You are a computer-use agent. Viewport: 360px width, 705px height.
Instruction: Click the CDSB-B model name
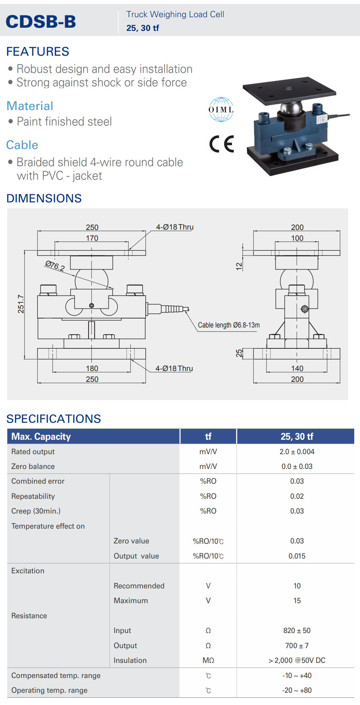tap(41, 22)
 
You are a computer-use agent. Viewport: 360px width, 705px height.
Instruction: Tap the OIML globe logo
tap(221, 109)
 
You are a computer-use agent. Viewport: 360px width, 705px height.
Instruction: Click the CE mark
tap(222, 144)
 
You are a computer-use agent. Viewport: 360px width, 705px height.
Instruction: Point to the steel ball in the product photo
tap(292, 108)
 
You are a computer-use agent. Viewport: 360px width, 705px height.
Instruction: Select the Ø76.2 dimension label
tap(55, 266)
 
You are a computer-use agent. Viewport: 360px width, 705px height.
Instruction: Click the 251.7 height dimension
tap(21, 304)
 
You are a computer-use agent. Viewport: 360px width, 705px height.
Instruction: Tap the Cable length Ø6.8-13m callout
tap(229, 325)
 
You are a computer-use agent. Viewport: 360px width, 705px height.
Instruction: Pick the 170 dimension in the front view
tap(92, 238)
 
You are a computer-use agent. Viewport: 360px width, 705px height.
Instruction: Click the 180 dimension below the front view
tap(92, 368)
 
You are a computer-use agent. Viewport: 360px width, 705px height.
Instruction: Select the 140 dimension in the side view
tap(297, 368)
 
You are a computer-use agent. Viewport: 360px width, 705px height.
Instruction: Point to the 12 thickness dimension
tap(239, 266)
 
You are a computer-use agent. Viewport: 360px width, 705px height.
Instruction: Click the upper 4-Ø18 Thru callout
tap(175, 227)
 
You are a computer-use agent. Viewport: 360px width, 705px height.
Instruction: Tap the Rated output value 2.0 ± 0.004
tap(297, 452)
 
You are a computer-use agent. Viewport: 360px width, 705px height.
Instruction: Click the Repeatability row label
tap(33, 496)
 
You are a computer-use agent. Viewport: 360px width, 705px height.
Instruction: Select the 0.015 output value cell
tap(297, 556)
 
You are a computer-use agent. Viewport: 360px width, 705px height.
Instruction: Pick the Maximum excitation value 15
tap(297, 601)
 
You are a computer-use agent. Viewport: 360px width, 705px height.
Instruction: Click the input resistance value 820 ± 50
tap(297, 631)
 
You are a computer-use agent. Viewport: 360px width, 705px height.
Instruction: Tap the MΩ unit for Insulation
tap(208, 660)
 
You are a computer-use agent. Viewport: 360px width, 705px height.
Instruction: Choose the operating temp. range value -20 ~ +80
tap(297, 690)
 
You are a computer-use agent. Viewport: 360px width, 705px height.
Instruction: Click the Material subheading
tap(30, 106)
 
